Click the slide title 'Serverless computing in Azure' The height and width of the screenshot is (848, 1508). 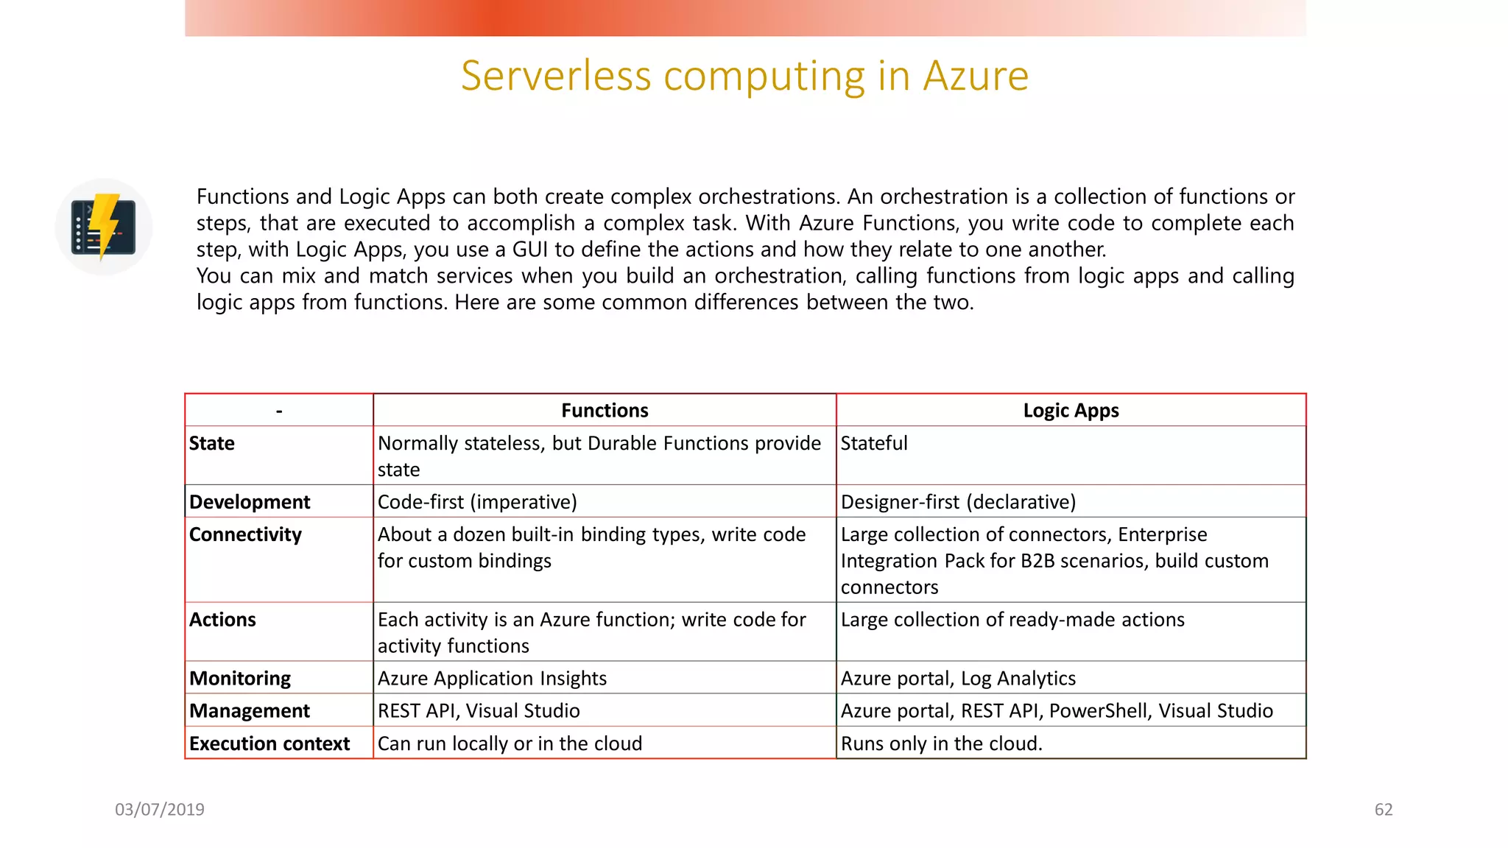(744, 76)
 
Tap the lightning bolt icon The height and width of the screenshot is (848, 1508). (104, 227)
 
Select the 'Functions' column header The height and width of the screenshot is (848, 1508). (605, 411)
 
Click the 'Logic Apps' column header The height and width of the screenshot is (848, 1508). (1071, 411)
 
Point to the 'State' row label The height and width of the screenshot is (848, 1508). (212, 443)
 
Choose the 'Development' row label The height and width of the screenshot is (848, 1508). (250, 502)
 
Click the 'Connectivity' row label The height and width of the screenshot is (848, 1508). (245, 534)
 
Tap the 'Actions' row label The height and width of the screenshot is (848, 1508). (222, 620)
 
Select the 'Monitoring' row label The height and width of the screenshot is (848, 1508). (240, 678)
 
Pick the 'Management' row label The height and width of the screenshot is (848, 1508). (250, 711)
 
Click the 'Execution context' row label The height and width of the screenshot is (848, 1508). (269, 743)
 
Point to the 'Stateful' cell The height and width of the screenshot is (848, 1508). (874, 443)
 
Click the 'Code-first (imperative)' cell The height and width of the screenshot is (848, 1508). (477, 502)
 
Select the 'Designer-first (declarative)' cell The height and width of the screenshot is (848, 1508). (958, 502)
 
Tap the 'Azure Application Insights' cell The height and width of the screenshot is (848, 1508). (492, 678)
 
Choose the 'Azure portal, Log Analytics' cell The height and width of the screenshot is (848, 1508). (958, 678)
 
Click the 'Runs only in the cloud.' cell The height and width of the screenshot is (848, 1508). (942, 743)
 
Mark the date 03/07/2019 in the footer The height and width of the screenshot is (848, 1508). (160, 810)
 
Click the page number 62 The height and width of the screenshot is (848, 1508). (1384, 810)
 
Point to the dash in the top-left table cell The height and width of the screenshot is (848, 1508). (279, 411)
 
